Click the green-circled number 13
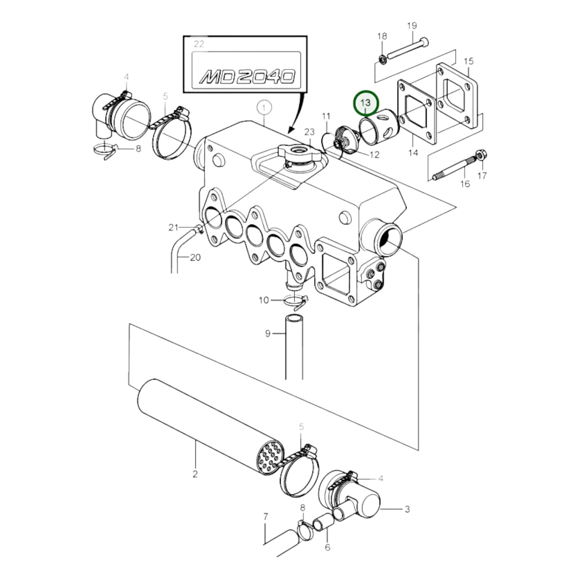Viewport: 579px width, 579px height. point(365,103)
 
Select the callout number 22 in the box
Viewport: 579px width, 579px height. point(199,44)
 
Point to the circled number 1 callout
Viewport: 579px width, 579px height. point(264,107)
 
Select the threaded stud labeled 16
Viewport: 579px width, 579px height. point(453,168)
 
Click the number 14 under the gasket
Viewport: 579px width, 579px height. point(413,152)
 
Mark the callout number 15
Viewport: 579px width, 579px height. point(468,61)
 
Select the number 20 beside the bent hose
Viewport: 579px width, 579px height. point(195,257)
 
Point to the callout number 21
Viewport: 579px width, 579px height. point(173,228)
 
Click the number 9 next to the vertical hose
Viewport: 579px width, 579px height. point(268,333)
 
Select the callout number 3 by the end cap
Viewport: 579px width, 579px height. point(407,509)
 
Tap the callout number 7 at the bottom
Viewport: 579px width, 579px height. point(265,517)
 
